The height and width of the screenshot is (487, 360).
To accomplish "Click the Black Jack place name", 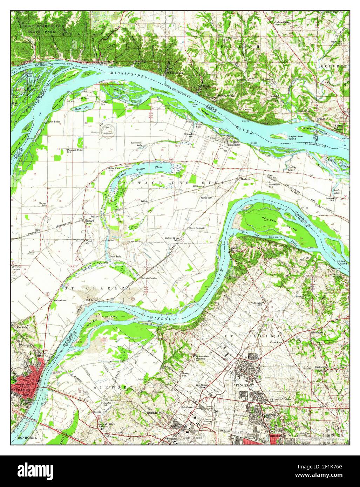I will point(320,367).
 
